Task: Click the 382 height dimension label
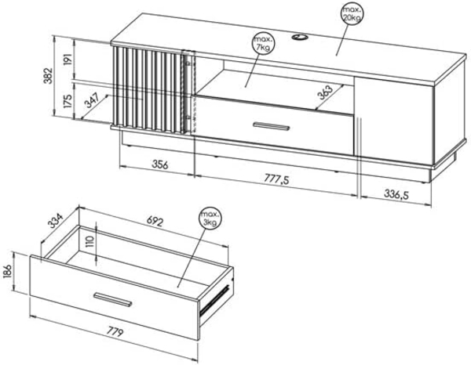coord(48,75)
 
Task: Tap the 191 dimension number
coord(68,60)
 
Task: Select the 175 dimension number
coord(68,101)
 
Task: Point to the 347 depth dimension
coord(93,100)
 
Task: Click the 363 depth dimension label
coord(325,92)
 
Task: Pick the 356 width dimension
coord(160,164)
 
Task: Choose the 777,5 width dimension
coord(276,179)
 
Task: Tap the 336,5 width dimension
coord(396,195)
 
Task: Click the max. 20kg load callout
coord(352,14)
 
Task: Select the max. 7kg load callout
coord(264,44)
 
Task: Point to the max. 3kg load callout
coord(210,219)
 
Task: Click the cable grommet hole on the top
coord(300,37)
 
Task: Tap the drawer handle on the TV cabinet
coord(272,126)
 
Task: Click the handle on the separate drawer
coord(112,299)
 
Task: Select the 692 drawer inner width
coord(155,221)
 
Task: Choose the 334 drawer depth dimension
coord(56,221)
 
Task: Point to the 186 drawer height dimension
coord(8,272)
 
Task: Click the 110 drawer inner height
coord(89,241)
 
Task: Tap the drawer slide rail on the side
coord(215,300)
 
